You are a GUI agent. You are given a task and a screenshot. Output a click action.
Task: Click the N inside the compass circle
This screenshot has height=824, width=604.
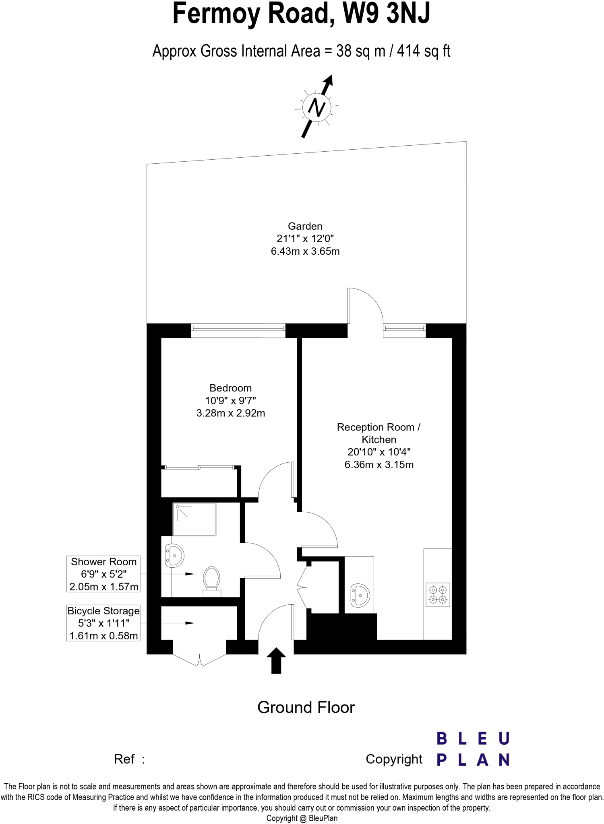[x=316, y=107]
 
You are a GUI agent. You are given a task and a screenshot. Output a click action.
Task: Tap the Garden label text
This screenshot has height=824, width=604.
[x=305, y=226]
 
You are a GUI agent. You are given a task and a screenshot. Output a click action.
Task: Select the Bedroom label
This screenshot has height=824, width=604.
[x=230, y=388]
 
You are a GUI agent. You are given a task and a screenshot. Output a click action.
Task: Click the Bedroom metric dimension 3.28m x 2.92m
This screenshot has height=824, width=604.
[x=230, y=413]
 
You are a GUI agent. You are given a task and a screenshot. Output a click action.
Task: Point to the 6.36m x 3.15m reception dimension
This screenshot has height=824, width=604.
[x=379, y=465]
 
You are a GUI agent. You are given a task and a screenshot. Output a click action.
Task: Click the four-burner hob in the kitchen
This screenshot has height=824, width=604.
[x=438, y=595]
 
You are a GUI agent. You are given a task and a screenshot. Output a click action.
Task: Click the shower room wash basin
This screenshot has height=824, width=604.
[x=175, y=555]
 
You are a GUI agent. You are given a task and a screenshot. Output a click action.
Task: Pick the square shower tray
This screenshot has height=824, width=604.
[x=194, y=519]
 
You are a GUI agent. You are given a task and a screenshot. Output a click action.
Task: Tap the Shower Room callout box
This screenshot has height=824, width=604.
[x=103, y=574]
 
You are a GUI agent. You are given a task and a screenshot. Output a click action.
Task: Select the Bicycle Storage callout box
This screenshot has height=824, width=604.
[x=103, y=623]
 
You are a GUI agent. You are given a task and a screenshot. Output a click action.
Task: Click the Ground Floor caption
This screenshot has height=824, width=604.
[x=306, y=707]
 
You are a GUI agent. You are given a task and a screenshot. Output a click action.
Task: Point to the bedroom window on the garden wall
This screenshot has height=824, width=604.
[x=238, y=330]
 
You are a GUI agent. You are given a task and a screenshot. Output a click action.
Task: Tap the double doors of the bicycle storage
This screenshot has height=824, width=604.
[x=200, y=660]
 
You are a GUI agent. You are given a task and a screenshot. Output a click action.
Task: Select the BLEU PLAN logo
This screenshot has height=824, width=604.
[x=473, y=749]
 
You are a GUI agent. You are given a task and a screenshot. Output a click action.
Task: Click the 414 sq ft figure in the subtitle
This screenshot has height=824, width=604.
[x=423, y=51]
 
